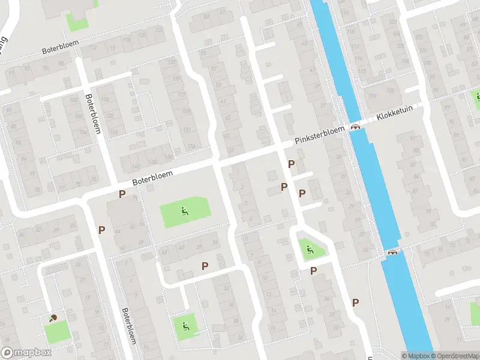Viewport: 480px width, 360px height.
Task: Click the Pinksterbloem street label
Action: click(x=319, y=135)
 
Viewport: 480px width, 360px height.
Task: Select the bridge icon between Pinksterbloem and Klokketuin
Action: click(x=356, y=127)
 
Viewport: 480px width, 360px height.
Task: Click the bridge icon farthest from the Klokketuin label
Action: click(x=393, y=252)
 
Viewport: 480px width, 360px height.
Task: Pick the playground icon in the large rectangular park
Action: click(x=184, y=211)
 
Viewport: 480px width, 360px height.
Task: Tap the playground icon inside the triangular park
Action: click(x=310, y=250)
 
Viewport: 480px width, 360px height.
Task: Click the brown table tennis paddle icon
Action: click(x=53, y=317)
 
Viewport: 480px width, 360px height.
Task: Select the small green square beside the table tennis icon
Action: click(x=56, y=331)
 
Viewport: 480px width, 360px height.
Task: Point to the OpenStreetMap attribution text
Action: click(x=454, y=356)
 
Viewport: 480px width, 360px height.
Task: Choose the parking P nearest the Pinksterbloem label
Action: click(x=292, y=164)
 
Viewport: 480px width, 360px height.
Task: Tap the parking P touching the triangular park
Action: click(x=313, y=271)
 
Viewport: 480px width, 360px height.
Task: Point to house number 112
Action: click(x=93, y=47)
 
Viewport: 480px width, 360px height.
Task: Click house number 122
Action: click(x=160, y=29)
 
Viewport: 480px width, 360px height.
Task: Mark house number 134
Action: click(x=191, y=146)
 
